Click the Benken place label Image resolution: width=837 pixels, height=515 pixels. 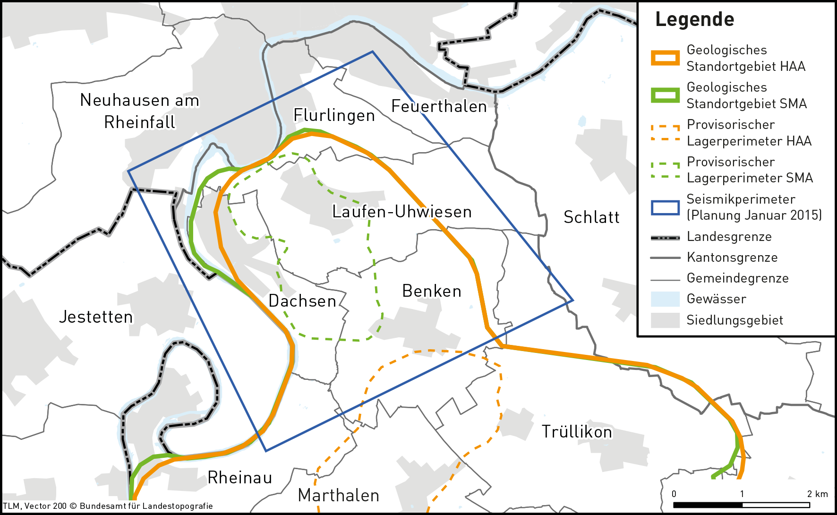[431, 291]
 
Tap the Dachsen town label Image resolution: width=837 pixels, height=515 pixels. [302, 301]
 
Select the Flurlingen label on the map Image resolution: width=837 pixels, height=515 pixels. [334, 115]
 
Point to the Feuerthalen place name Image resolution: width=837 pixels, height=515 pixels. [439, 107]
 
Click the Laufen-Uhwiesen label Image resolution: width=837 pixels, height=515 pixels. [402, 212]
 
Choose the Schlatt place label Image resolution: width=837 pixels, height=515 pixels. [591, 217]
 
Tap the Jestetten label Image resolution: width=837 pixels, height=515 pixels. [95, 317]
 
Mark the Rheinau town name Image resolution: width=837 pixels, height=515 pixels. [240, 478]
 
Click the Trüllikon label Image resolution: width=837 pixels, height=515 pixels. [576, 432]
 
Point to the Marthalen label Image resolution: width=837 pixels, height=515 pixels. [339, 495]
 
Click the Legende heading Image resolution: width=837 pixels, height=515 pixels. [694, 19]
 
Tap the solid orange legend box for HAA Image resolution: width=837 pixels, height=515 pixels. [665, 58]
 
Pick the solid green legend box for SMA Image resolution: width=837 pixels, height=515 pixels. [665, 95]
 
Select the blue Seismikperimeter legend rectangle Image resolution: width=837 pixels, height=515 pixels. [665, 207]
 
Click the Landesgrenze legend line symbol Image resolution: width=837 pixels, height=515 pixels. [665, 237]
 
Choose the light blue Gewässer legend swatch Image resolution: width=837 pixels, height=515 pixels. [665, 299]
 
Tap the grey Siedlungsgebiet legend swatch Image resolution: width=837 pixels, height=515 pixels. [665, 320]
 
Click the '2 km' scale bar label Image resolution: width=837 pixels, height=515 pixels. [817, 494]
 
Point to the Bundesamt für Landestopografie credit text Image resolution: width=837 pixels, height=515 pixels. [146, 506]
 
